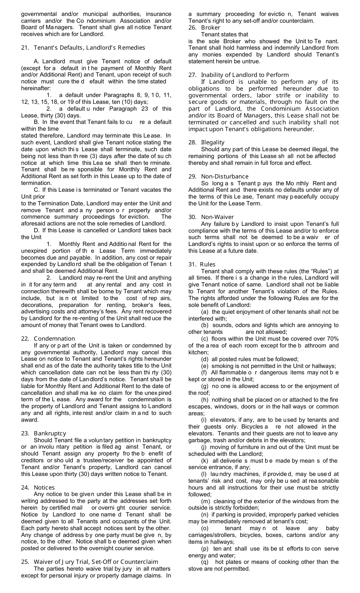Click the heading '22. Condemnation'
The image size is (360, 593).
click(48, 338)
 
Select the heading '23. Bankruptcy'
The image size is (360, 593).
click(44, 433)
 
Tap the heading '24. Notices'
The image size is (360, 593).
click(38, 487)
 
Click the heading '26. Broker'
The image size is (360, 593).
click(204, 27)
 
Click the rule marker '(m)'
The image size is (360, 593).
click(205, 501)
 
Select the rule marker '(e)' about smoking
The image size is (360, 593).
click(205, 366)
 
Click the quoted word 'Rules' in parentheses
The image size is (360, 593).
click(311, 271)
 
